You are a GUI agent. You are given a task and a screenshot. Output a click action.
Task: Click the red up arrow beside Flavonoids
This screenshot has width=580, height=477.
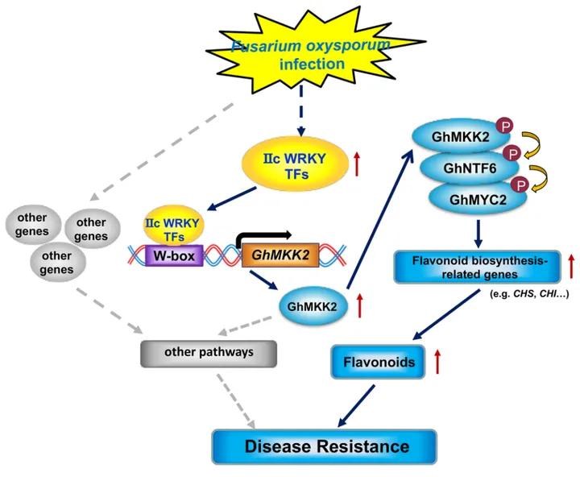coord(437,363)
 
